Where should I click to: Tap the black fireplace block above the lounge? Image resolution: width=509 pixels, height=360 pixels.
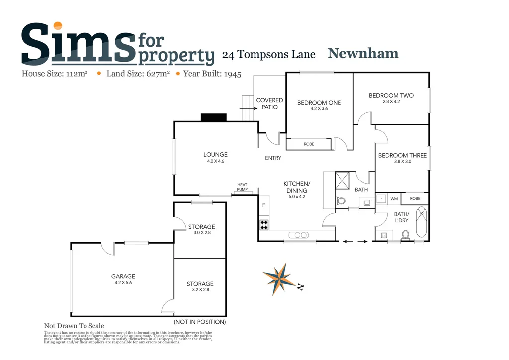click(x=213, y=117)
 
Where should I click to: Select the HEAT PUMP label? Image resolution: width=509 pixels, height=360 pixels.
click(x=242, y=187)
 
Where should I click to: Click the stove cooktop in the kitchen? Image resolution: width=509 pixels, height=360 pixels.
click(x=263, y=225)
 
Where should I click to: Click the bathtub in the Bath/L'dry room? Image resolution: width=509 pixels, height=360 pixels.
click(x=422, y=222)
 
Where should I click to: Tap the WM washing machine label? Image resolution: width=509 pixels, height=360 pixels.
click(x=394, y=199)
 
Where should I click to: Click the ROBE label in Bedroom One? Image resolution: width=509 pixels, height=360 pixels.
click(x=309, y=144)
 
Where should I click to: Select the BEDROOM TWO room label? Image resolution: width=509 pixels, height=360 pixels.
click(x=391, y=96)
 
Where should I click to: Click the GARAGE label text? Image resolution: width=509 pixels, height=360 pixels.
click(x=123, y=277)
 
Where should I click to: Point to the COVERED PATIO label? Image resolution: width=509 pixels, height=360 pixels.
click(x=269, y=103)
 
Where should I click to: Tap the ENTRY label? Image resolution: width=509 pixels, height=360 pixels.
click(x=273, y=158)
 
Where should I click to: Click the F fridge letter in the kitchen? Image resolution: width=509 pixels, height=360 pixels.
click(x=264, y=205)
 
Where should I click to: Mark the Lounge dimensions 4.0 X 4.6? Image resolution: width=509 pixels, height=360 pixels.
click(x=215, y=161)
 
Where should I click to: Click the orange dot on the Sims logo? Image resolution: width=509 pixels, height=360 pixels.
click(x=58, y=26)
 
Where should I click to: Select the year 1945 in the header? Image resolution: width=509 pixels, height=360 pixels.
click(x=233, y=74)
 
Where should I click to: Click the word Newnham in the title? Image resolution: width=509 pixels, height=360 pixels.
click(x=362, y=53)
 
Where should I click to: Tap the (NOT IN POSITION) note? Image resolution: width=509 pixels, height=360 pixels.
click(x=200, y=322)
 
